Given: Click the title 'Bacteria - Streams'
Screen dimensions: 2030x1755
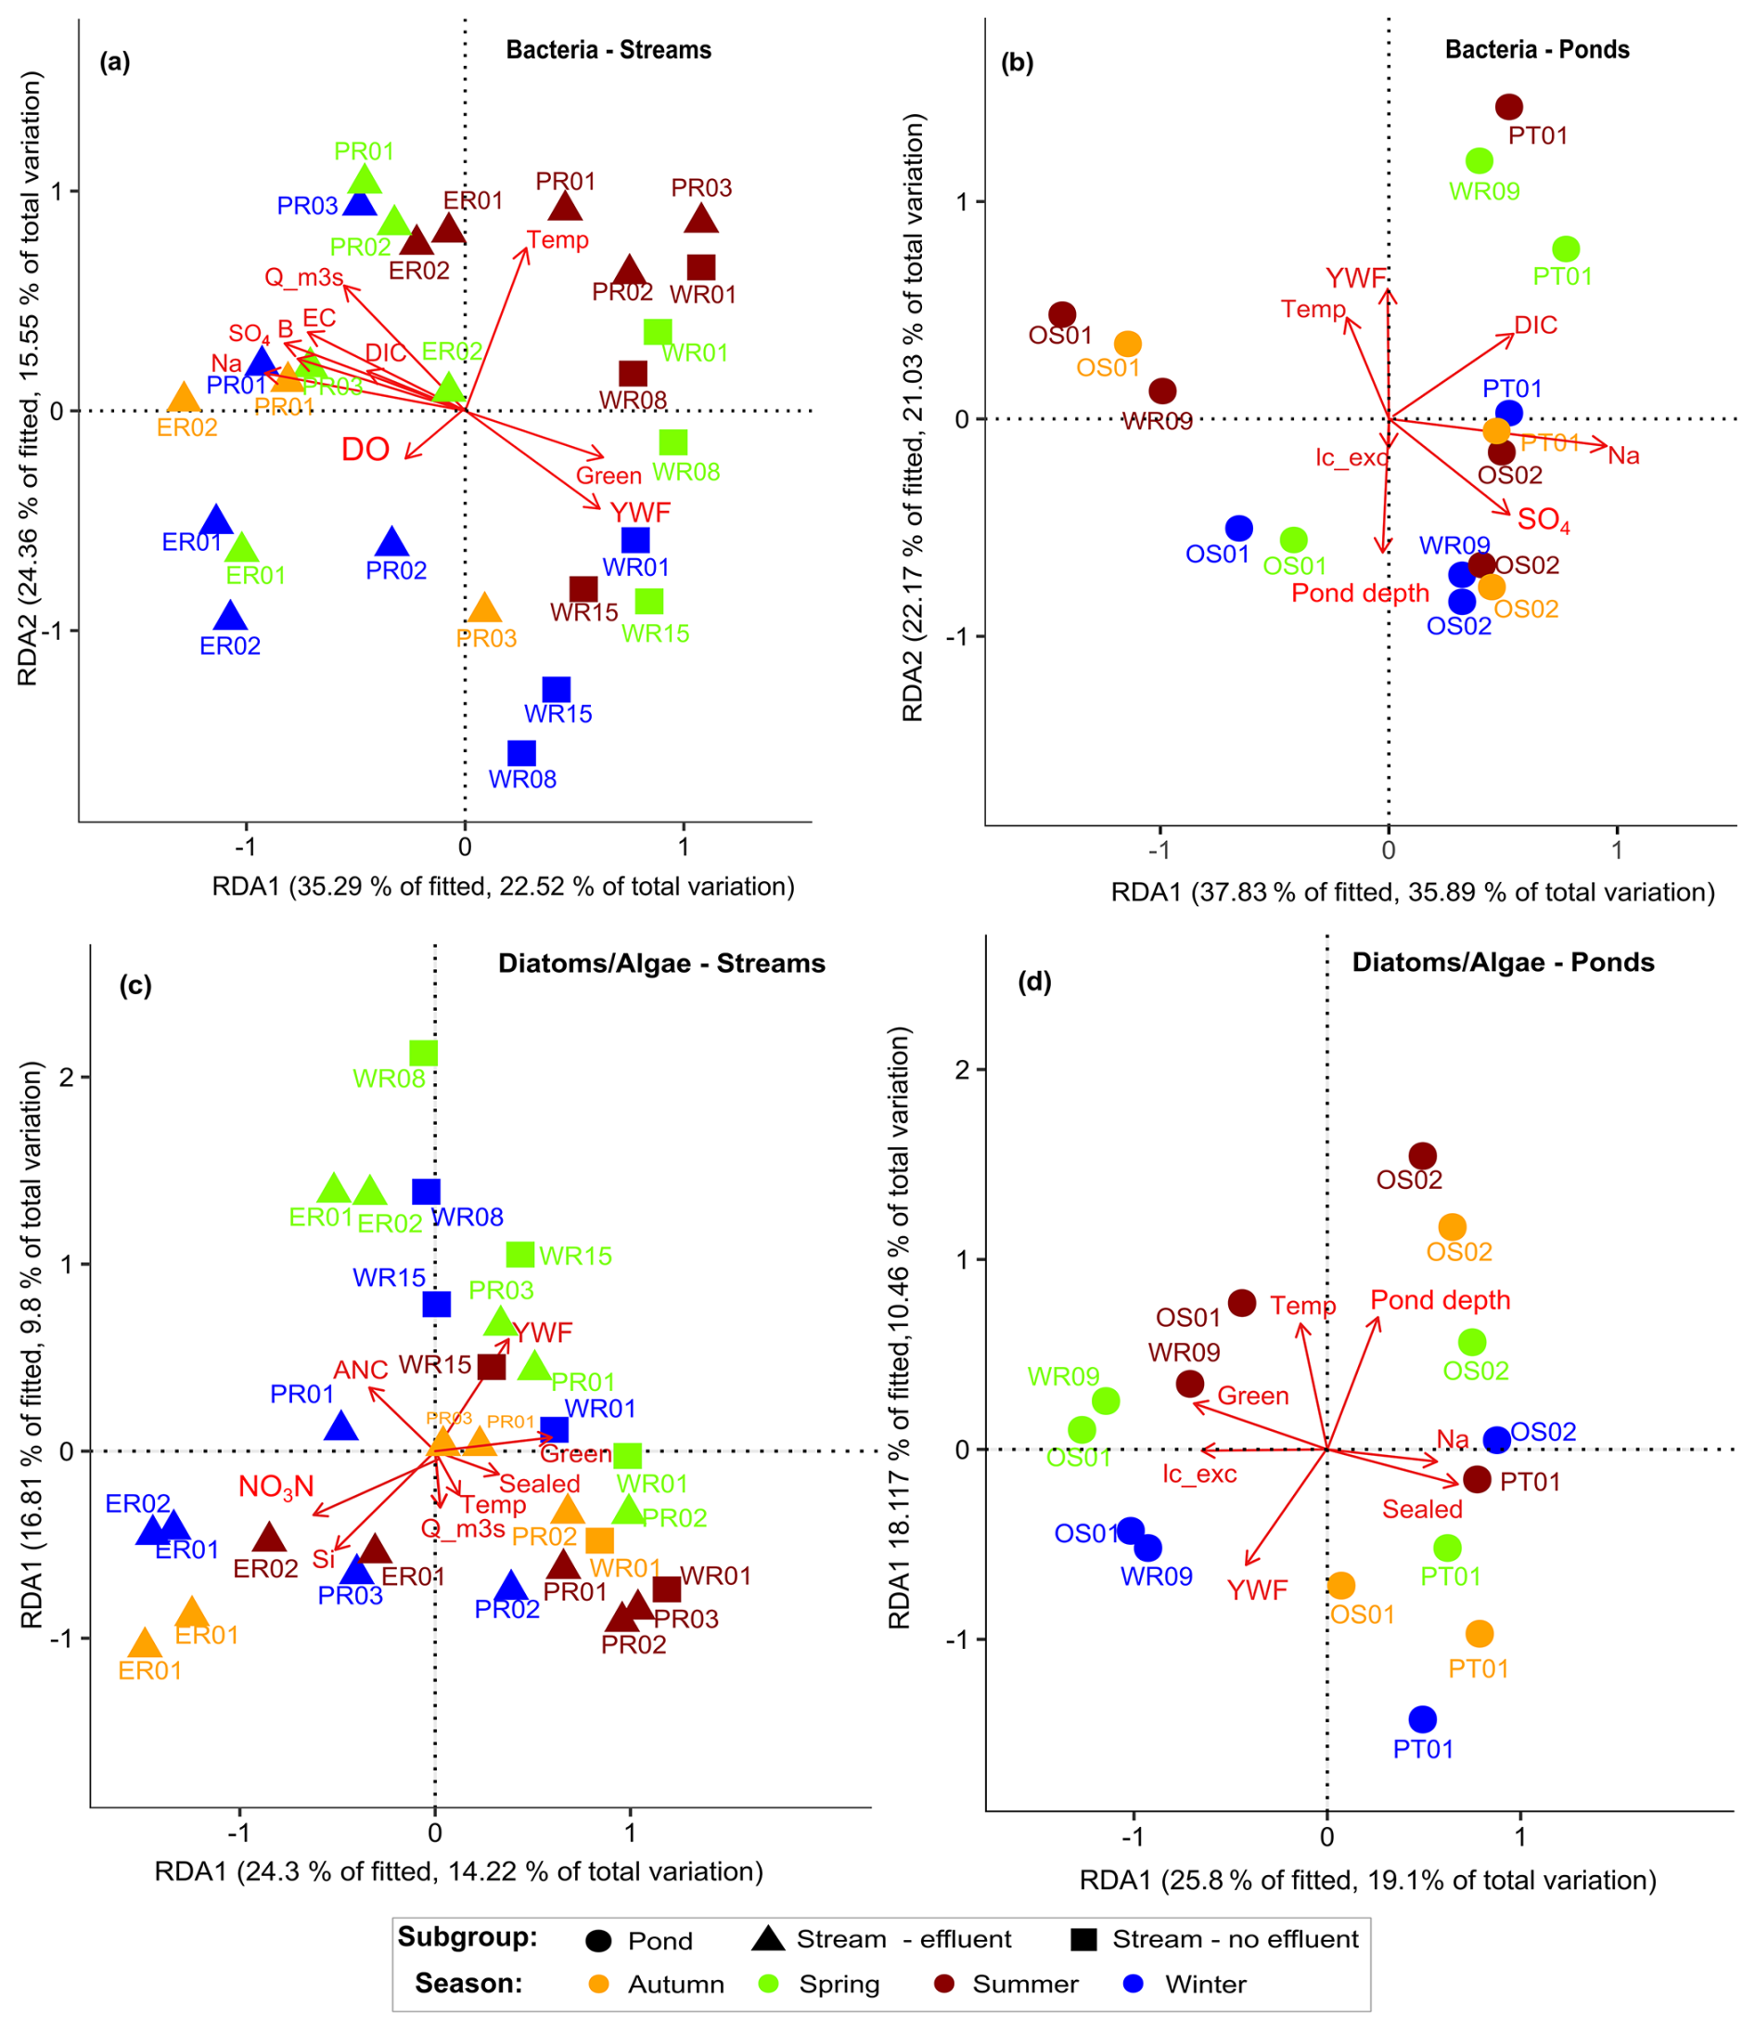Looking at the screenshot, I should coord(608,50).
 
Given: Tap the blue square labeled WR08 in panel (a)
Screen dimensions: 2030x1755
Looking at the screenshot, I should coord(521,752).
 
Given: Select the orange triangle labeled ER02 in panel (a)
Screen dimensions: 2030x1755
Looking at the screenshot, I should coord(185,398).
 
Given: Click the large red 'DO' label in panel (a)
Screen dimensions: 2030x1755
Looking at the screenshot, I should coord(365,450).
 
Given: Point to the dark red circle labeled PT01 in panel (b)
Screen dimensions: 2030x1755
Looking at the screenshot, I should coord(1509,107).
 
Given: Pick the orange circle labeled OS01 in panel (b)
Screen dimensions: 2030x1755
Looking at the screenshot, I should coord(1128,344).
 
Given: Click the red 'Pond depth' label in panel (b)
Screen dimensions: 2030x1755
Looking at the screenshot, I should coord(1360,593).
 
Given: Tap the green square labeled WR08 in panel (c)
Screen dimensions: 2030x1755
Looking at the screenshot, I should coord(423,1053).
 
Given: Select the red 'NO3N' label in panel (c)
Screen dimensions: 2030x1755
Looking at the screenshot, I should coord(276,1487).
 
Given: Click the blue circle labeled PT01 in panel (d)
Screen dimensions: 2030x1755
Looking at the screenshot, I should coord(1423,1718).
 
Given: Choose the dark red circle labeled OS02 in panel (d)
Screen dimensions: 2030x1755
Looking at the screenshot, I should coord(1422,1156).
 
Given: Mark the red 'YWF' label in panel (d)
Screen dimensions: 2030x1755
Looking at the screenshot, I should coord(1257,1590).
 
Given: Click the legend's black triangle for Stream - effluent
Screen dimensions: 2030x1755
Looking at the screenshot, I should coord(768,1938).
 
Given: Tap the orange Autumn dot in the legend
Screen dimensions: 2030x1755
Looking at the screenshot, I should coord(597,1984).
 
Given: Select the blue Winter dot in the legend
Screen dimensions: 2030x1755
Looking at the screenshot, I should coord(1134,1984).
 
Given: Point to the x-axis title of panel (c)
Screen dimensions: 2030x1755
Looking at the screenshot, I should coord(458,1872).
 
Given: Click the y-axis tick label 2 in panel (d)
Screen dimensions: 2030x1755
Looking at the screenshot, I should coord(963,1069).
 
